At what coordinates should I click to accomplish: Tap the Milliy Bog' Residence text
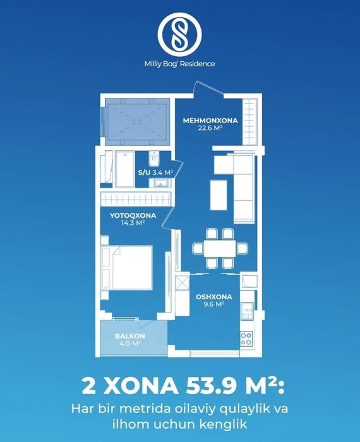point(179,64)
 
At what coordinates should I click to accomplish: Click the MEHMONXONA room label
point(210,121)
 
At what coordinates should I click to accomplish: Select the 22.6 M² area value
point(210,128)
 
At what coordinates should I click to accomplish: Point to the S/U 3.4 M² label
point(155,172)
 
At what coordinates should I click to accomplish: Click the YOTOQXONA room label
point(133,216)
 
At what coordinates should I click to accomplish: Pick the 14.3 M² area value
point(133,223)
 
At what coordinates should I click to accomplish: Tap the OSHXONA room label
point(214,297)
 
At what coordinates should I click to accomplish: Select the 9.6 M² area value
point(214,304)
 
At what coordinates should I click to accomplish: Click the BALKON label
point(130,336)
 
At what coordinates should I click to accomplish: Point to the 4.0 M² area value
point(130,343)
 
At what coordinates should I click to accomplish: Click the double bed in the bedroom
point(127,268)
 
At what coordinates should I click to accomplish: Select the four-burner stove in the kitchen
point(246,339)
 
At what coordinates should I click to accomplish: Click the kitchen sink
point(247,311)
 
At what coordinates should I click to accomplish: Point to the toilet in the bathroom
point(154,158)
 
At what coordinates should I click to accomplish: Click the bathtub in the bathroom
point(125,169)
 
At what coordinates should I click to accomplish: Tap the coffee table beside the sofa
point(219,195)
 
